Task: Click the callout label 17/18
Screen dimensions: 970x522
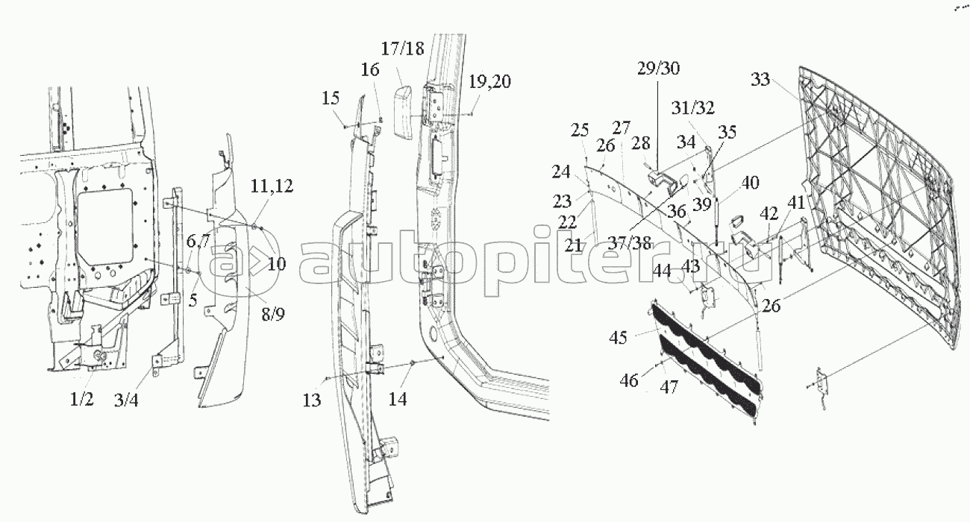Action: coord(402,48)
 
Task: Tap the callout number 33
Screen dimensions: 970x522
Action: coord(760,79)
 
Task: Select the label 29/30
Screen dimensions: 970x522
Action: coord(658,69)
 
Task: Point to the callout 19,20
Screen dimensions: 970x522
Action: coord(489,81)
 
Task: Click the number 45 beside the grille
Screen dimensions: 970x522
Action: coord(618,338)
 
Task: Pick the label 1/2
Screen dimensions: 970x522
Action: coord(82,399)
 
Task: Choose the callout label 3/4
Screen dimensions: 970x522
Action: coord(126,400)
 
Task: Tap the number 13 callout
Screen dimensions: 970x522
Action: coord(312,400)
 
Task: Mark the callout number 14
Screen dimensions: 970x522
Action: coord(398,399)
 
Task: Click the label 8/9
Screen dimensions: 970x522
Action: coord(273,315)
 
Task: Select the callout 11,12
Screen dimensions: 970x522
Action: coord(272,186)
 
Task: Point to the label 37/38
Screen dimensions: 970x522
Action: coord(629,243)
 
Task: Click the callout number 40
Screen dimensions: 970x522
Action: coord(750,183)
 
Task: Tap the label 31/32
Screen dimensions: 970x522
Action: coord(693,108)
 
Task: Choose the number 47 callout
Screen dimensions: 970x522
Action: coord(669,386)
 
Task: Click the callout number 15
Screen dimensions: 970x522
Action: coord(331,98)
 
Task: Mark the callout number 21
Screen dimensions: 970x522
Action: coord(574,246)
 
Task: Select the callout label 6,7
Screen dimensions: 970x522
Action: coord(198,241)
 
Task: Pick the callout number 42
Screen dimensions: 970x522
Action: coord(769,213)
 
